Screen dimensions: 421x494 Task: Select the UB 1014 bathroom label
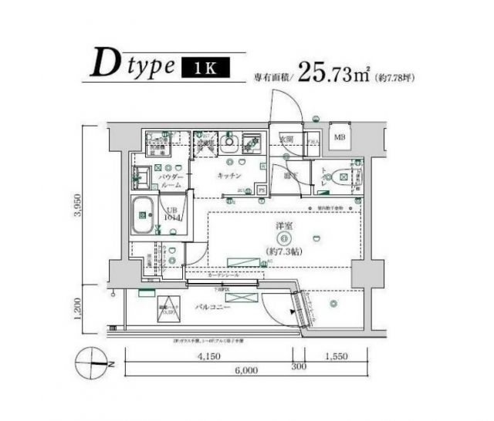tap(169, 214)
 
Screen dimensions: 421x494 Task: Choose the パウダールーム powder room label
tap(171, 181)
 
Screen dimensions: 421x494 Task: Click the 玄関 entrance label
tap(286, 140)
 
